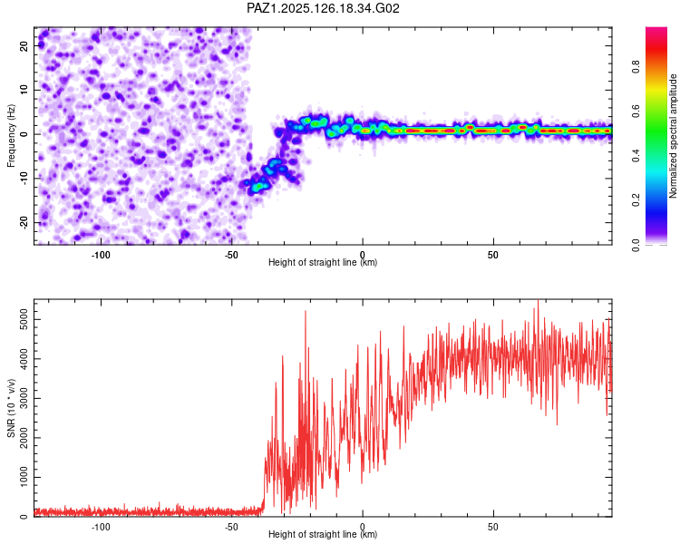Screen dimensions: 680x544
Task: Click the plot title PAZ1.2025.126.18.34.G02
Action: pos(323,8)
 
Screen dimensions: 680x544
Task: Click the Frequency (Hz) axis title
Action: pos(11,136)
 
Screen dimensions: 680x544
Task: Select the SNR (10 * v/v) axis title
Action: pos(11,408)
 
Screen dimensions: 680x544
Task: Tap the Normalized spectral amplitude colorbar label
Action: pos(673,136)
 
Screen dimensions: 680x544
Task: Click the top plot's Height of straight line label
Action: pos(323,262)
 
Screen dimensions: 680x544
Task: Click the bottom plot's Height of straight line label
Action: pos(323,534)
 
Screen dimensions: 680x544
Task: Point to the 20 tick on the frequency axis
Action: pos(24,45)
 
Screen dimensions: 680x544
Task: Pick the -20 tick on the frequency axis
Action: pos(24,222)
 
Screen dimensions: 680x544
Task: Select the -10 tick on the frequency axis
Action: pos(24,179)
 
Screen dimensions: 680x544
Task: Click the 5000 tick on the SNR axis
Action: pos(24,320)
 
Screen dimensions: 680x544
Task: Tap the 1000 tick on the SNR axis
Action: pos(24,477)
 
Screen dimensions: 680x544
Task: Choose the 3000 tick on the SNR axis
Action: pos(24,398)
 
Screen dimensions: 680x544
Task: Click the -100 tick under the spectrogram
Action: pos(101,255)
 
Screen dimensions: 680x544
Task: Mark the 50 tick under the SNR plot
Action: pos(493,527)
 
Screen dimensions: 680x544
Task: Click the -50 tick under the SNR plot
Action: pos(231,527)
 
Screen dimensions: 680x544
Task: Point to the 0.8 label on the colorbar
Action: pos(636,66)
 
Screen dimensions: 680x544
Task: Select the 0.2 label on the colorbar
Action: pos(636,200)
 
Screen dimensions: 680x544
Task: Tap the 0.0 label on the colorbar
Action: pos(636,245)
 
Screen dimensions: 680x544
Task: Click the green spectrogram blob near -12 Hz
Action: pos(259,187)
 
